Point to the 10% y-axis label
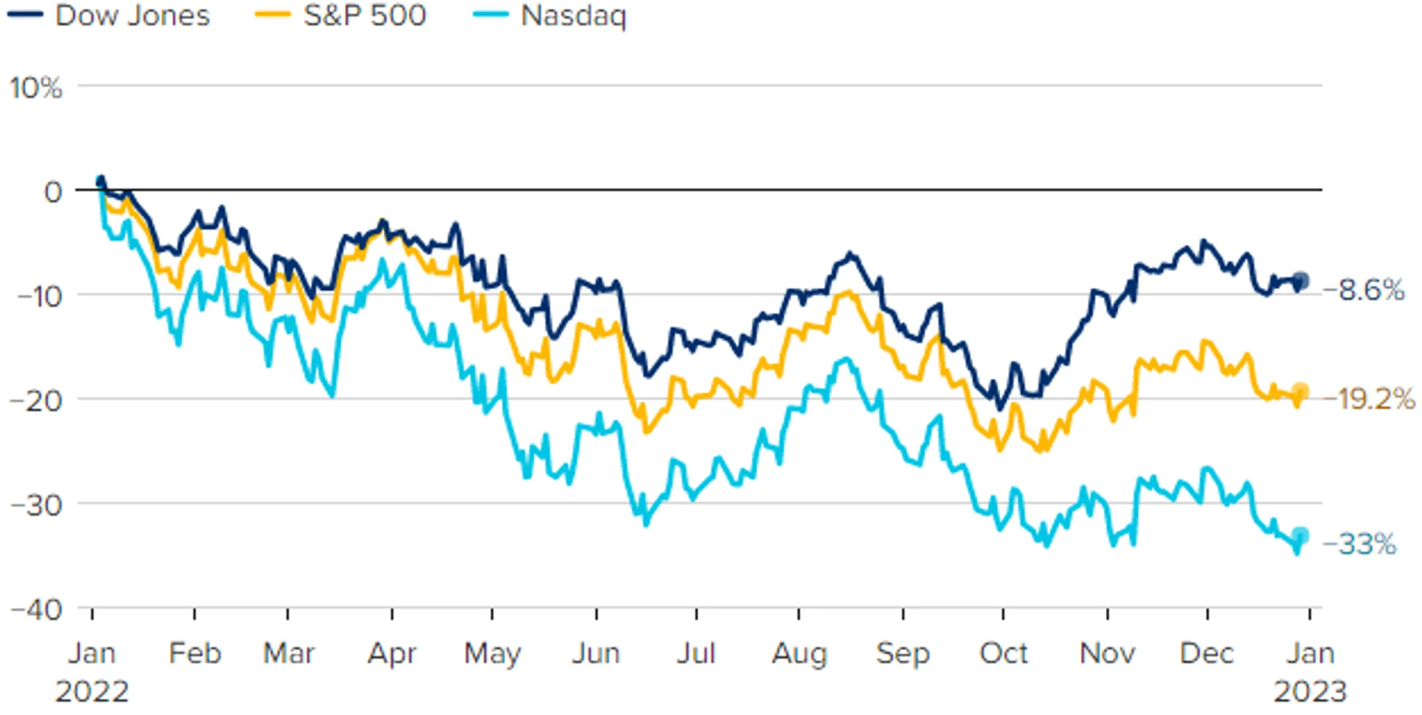coord(36,87)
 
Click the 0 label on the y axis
coord(53,192)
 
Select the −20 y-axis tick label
coord(38,400)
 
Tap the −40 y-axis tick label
coord(37,610)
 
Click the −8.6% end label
coord(1363,290)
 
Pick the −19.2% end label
coord(1369,399)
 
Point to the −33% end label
coord(1359,544)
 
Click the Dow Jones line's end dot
coord(1300,281)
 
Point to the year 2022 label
coord(92,692)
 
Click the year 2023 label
coord(1310,692)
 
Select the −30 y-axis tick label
coord(38,505)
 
